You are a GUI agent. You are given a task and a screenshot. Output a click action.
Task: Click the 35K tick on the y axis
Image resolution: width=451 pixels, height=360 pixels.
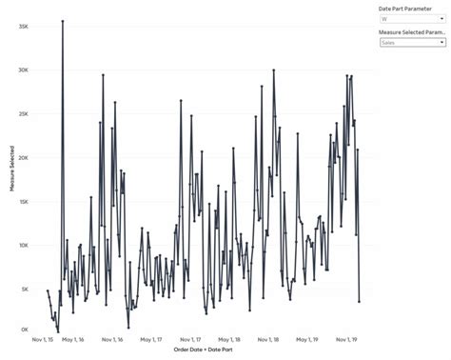click(23, 26)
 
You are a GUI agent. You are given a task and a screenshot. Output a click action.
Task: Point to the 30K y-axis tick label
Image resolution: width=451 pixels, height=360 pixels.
click(23, 70)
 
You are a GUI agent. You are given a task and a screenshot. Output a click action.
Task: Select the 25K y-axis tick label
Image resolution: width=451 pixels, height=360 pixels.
click(23, 113)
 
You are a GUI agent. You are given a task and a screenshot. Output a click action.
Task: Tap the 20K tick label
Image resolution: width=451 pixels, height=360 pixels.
click(23, 157)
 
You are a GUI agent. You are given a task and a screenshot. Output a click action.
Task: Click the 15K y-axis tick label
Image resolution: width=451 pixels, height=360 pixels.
click(23, 201)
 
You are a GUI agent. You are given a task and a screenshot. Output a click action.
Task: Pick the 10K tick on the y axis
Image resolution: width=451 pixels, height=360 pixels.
click(23, 245)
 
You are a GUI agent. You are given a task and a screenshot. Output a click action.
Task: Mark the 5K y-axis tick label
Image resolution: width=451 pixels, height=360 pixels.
click(25, 288)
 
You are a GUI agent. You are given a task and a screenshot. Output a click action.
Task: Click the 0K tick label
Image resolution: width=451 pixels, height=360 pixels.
click(25, 330)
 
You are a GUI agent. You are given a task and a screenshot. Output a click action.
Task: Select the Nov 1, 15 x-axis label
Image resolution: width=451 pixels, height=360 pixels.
click(47, 339)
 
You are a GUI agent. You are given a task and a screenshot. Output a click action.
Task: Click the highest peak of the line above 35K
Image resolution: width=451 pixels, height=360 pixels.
click(63, 20)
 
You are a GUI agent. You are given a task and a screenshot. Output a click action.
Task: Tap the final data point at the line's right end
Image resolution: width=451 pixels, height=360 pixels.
click(359, 301)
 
